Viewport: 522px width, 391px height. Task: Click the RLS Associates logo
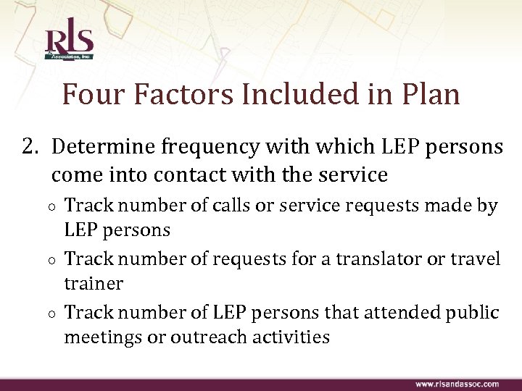click(69, 43)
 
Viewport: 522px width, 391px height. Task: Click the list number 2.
click(30, 148)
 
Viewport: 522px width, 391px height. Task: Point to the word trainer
click(94, 284)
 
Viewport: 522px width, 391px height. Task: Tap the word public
click(471, 313)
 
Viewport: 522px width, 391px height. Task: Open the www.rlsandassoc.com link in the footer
click(457, 384)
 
